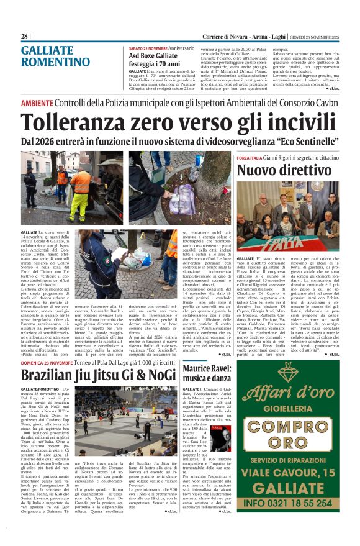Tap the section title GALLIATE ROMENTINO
(x=55, y=56)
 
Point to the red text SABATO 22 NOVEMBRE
(x=148, y=48)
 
